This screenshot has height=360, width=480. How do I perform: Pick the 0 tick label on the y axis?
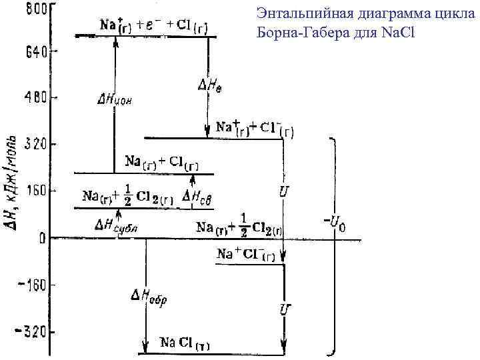pyautogui.click(x=41, y=237)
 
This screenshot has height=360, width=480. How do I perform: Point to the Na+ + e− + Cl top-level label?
pyautogui.click(x=154, y=25)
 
